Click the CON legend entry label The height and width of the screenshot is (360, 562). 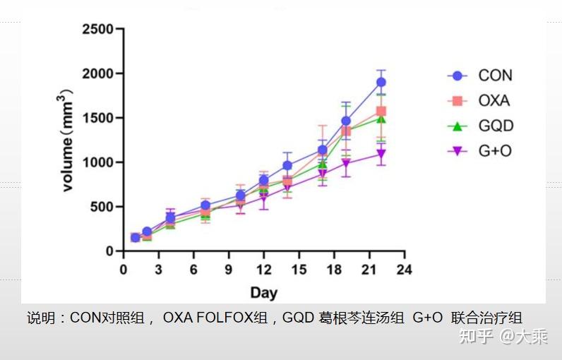click(x=495, y=76)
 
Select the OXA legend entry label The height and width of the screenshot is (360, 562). click(x=494, y=101)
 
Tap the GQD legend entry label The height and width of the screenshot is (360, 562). click(x=496, y=126)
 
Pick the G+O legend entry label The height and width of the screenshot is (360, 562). click(x=495, y=151)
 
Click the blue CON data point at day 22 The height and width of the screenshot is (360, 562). click(x=381, y=82)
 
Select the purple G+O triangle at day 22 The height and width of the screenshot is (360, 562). click(x=381, y=154)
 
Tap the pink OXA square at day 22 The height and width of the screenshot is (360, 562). click(x=381, y=111)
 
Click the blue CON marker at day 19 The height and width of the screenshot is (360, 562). click(x=346, y=121)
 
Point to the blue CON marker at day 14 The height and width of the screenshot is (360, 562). click(x=287, y=165)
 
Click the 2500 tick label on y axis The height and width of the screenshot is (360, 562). click(x=98, y=29)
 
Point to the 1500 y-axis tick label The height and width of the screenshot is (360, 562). click(x=98, y=118)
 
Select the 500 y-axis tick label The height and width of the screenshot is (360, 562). click(x=102, y=207)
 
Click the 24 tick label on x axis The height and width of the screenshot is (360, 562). click(x=405, y=270)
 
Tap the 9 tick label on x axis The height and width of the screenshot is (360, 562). click(x=229, y=270)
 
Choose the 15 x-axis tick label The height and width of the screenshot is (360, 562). click(x=299, y=270)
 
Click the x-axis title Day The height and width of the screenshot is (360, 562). click(x=264, y=293)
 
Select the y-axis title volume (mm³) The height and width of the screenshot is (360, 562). click(x=66, y=140)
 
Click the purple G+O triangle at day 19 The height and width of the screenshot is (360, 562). click(x=346, y=164)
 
